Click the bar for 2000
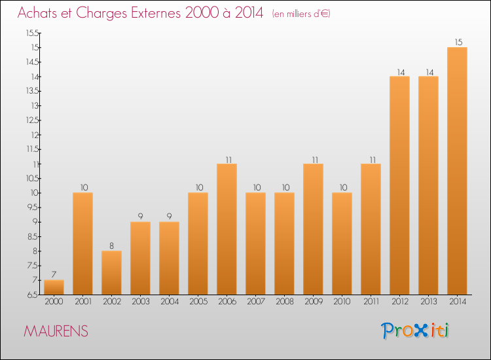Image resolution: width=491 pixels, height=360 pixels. coord(54,287)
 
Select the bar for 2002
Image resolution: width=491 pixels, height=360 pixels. coord(111,273)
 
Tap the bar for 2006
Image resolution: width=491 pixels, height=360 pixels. coord(227,229)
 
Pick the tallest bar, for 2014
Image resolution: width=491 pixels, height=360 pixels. coord(457,171)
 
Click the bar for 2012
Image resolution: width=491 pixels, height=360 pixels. coord(399,185)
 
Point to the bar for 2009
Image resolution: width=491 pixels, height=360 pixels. coord(313,229)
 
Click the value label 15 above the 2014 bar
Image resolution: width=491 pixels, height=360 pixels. coord(457,43)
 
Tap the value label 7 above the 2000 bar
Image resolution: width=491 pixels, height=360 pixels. coord(54,275)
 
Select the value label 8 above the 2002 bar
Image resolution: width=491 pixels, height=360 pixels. coord(111,246)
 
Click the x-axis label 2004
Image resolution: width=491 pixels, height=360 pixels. coord(169,302)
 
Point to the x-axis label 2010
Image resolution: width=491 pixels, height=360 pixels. coord(342,302)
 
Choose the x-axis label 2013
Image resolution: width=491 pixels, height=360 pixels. coord(428,302)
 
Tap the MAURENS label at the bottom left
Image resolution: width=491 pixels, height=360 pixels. coord(56,331)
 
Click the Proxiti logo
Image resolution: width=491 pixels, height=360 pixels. coord(415,331)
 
